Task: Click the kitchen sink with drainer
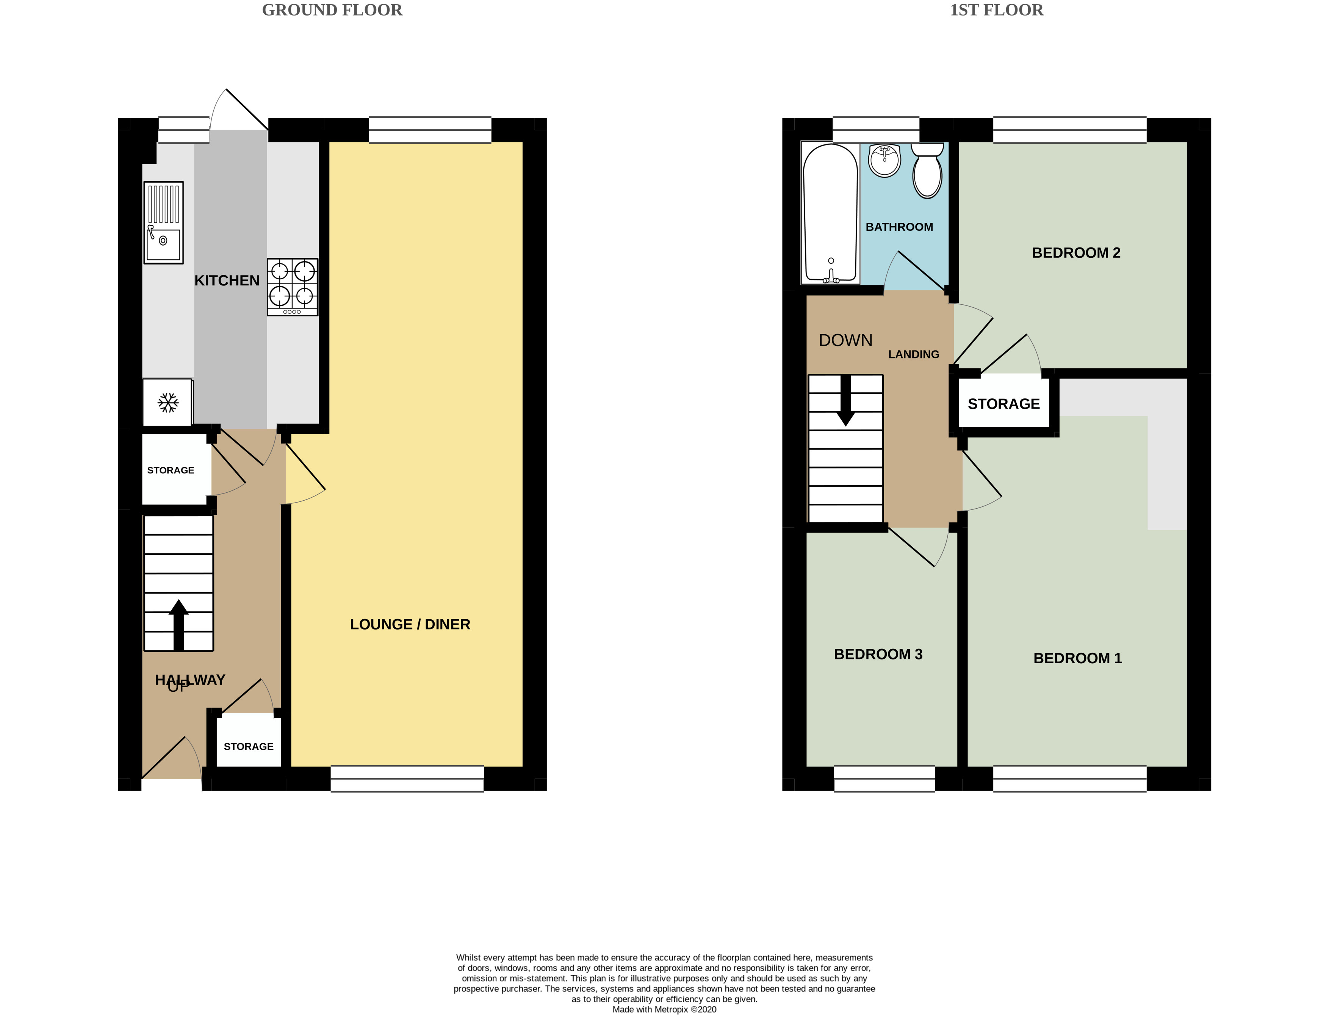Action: click(163, 222)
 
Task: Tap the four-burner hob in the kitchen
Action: click(293, 287)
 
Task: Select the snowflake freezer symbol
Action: click(168, 403)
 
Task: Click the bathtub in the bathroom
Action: click(831, 213)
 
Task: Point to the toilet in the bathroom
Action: click(927, 171)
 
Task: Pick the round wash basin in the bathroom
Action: click(884, 160)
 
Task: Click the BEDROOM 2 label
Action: click(1076, 252)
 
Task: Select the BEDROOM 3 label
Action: click(878, 654)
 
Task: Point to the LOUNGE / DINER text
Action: click(410, 624)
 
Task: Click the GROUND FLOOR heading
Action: click(332, 10)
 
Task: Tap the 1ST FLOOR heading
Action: click(997, 10)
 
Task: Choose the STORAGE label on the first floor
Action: click(1004, 404)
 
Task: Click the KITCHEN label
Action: click(227, 280)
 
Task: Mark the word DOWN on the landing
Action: click(846, 340)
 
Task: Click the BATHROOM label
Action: click(900, 227)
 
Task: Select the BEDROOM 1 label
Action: click(1078, 658)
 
